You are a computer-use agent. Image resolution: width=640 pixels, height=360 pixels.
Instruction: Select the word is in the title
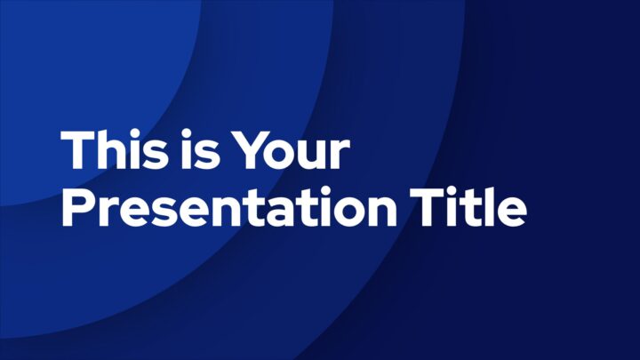click(198, 149)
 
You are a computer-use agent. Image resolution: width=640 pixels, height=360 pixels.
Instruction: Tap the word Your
click(291, 150)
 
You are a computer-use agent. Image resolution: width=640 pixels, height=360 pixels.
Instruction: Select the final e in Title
click(511, 212)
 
